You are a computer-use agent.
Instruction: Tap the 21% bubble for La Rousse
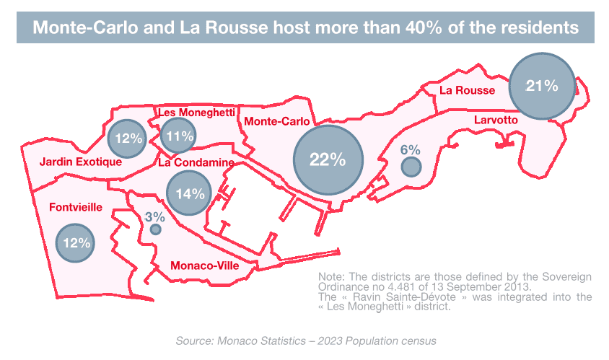coord(542,87)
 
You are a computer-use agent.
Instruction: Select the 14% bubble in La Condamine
coord(190,193)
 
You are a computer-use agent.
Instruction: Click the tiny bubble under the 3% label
coord(155,229)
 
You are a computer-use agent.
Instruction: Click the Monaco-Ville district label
coord(204,266)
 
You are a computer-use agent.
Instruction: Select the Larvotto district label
coord(496,120)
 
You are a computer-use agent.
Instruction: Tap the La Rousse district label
coord(467,90)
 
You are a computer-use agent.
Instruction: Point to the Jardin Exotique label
coord(80,162)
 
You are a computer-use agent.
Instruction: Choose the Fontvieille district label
coord(76,208)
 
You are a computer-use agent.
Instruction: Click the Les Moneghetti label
coord(196,113)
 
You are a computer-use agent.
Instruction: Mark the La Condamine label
coord(196,163)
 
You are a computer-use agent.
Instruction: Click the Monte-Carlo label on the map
coord(277,122)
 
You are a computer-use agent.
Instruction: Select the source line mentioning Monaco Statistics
coord(306,340)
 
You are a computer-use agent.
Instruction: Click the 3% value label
coord(155,216)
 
